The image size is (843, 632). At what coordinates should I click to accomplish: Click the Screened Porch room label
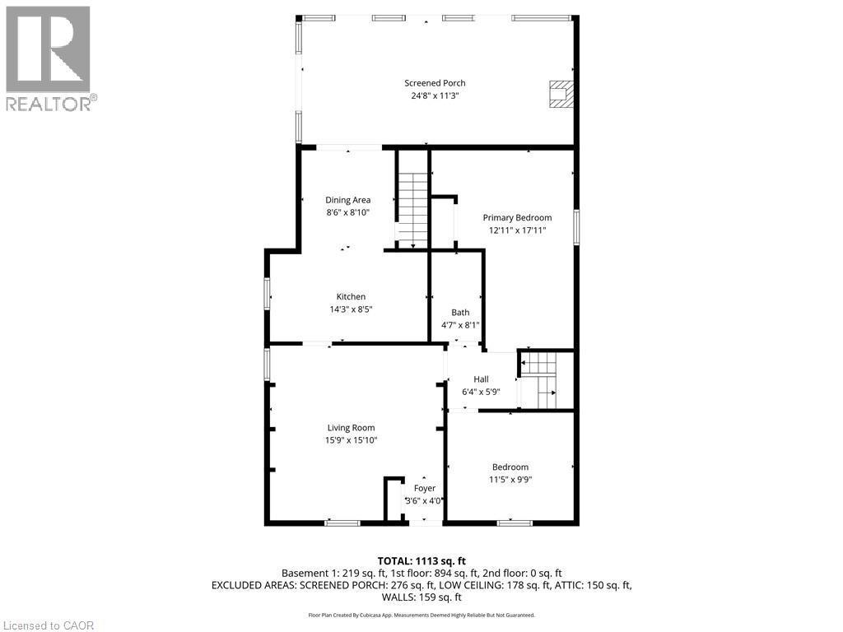(x=435, y=83)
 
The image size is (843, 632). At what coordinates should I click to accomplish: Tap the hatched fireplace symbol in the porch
(x=561, y=94)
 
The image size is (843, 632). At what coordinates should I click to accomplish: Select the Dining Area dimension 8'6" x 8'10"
(x=347, y=212)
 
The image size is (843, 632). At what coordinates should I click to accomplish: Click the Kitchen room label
(x=351, y=297)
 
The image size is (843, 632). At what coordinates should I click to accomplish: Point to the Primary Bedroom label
(x=517, y=217)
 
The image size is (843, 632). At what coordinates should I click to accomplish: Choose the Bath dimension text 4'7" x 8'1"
(x=460, y=325)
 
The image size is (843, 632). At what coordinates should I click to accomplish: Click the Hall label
(x=481, y=379)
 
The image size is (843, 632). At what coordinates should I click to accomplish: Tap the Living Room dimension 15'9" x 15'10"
(x=351, y=440)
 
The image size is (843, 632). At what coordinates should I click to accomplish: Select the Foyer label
(x=425, y=488)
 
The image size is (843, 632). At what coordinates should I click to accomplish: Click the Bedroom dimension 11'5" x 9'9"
(x=510, y=480)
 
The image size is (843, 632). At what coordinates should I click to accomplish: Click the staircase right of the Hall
(x=540, y=379)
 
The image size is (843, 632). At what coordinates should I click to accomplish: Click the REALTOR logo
(x=49, y=58)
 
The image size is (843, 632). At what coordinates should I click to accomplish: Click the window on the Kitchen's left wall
(x=268, y=294)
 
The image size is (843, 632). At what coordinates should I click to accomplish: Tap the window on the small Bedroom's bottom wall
(x=515, y=522)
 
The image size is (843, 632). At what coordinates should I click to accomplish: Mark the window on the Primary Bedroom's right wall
(x=576, y=228)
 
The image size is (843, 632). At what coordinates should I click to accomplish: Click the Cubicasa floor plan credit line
(x=421, y=615)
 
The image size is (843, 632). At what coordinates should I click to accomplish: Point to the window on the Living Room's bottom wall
(x=342, y=522)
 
